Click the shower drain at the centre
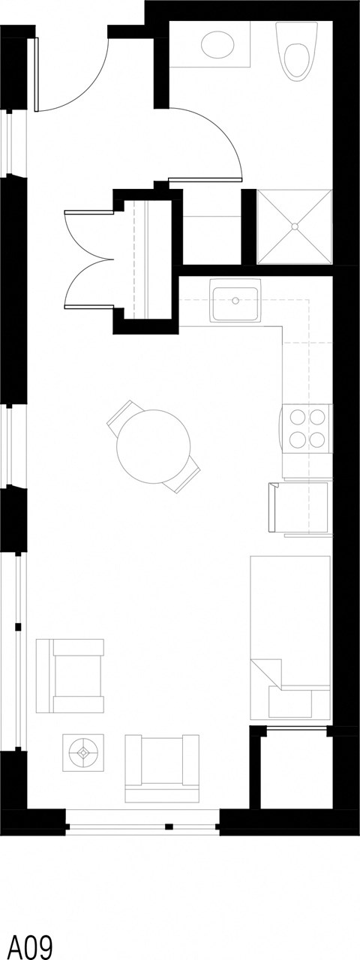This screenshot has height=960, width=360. click(294, 226)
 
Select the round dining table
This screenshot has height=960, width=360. click(153, 447)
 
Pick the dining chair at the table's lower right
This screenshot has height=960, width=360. click(184, 477)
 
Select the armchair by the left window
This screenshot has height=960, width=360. click(70, 675)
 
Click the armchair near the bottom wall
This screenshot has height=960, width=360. click(162, 768)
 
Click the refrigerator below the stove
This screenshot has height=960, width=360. click(299, 509)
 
